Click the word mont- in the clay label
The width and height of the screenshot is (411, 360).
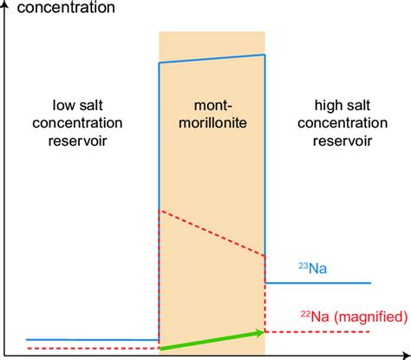point(212,105)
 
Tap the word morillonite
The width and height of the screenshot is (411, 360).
point(212,123)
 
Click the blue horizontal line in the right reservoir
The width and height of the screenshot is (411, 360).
point(317,283)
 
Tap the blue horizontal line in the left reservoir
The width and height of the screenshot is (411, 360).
point(92,340)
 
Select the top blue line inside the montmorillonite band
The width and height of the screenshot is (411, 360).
point(212,60)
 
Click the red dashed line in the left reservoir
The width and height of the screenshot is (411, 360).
point(92,349)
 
